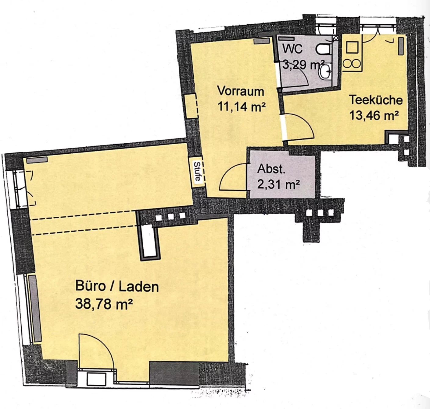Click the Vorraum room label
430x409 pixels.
(241, 91)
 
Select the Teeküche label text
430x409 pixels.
(376, 100)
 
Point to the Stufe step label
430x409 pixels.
(197, 172)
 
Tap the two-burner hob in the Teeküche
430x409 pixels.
(352, 64)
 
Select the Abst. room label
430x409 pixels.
(271, 169)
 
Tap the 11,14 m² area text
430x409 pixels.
(242, 107)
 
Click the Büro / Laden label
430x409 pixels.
(117, 286)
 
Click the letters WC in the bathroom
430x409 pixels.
(293, 49)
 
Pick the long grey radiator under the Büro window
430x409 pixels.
(35, 309)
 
